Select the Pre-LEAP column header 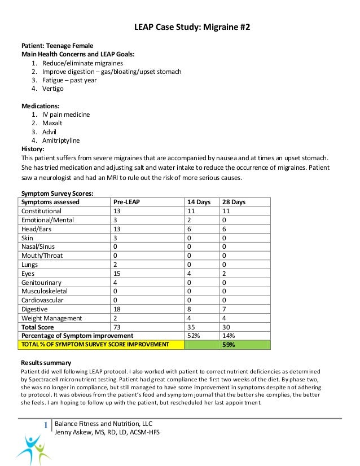[127, 202]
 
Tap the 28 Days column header [234, 202]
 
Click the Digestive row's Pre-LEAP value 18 [117, 309]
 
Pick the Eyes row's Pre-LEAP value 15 [117, 274]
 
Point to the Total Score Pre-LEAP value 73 [117, 327]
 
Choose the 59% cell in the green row [229, 344]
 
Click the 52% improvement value [194, 336]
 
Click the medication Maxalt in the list [54, 122]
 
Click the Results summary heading [46, 362]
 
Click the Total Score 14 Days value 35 [194, 327]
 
